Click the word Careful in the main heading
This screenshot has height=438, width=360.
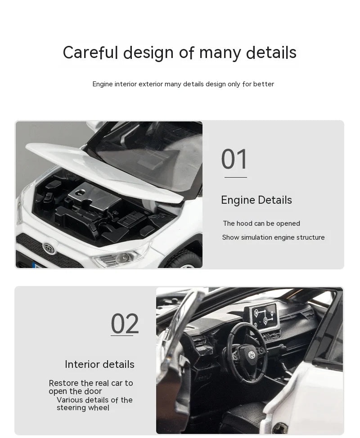click(90, 52)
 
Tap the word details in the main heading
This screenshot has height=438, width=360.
click(271, 52)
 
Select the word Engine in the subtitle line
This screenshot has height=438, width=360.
click(102, 84)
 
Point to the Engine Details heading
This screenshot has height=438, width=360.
click(256, 200)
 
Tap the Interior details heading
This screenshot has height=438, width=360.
click(99, 364)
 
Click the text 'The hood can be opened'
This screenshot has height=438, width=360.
click(261, 223)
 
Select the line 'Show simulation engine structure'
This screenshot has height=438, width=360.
click(273, 237)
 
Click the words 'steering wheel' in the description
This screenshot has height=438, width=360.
click(83, 408)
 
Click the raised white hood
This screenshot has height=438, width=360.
click(103, 168)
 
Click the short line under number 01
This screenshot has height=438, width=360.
click(236, 177)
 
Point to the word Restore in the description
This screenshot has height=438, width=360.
click(64, 383)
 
